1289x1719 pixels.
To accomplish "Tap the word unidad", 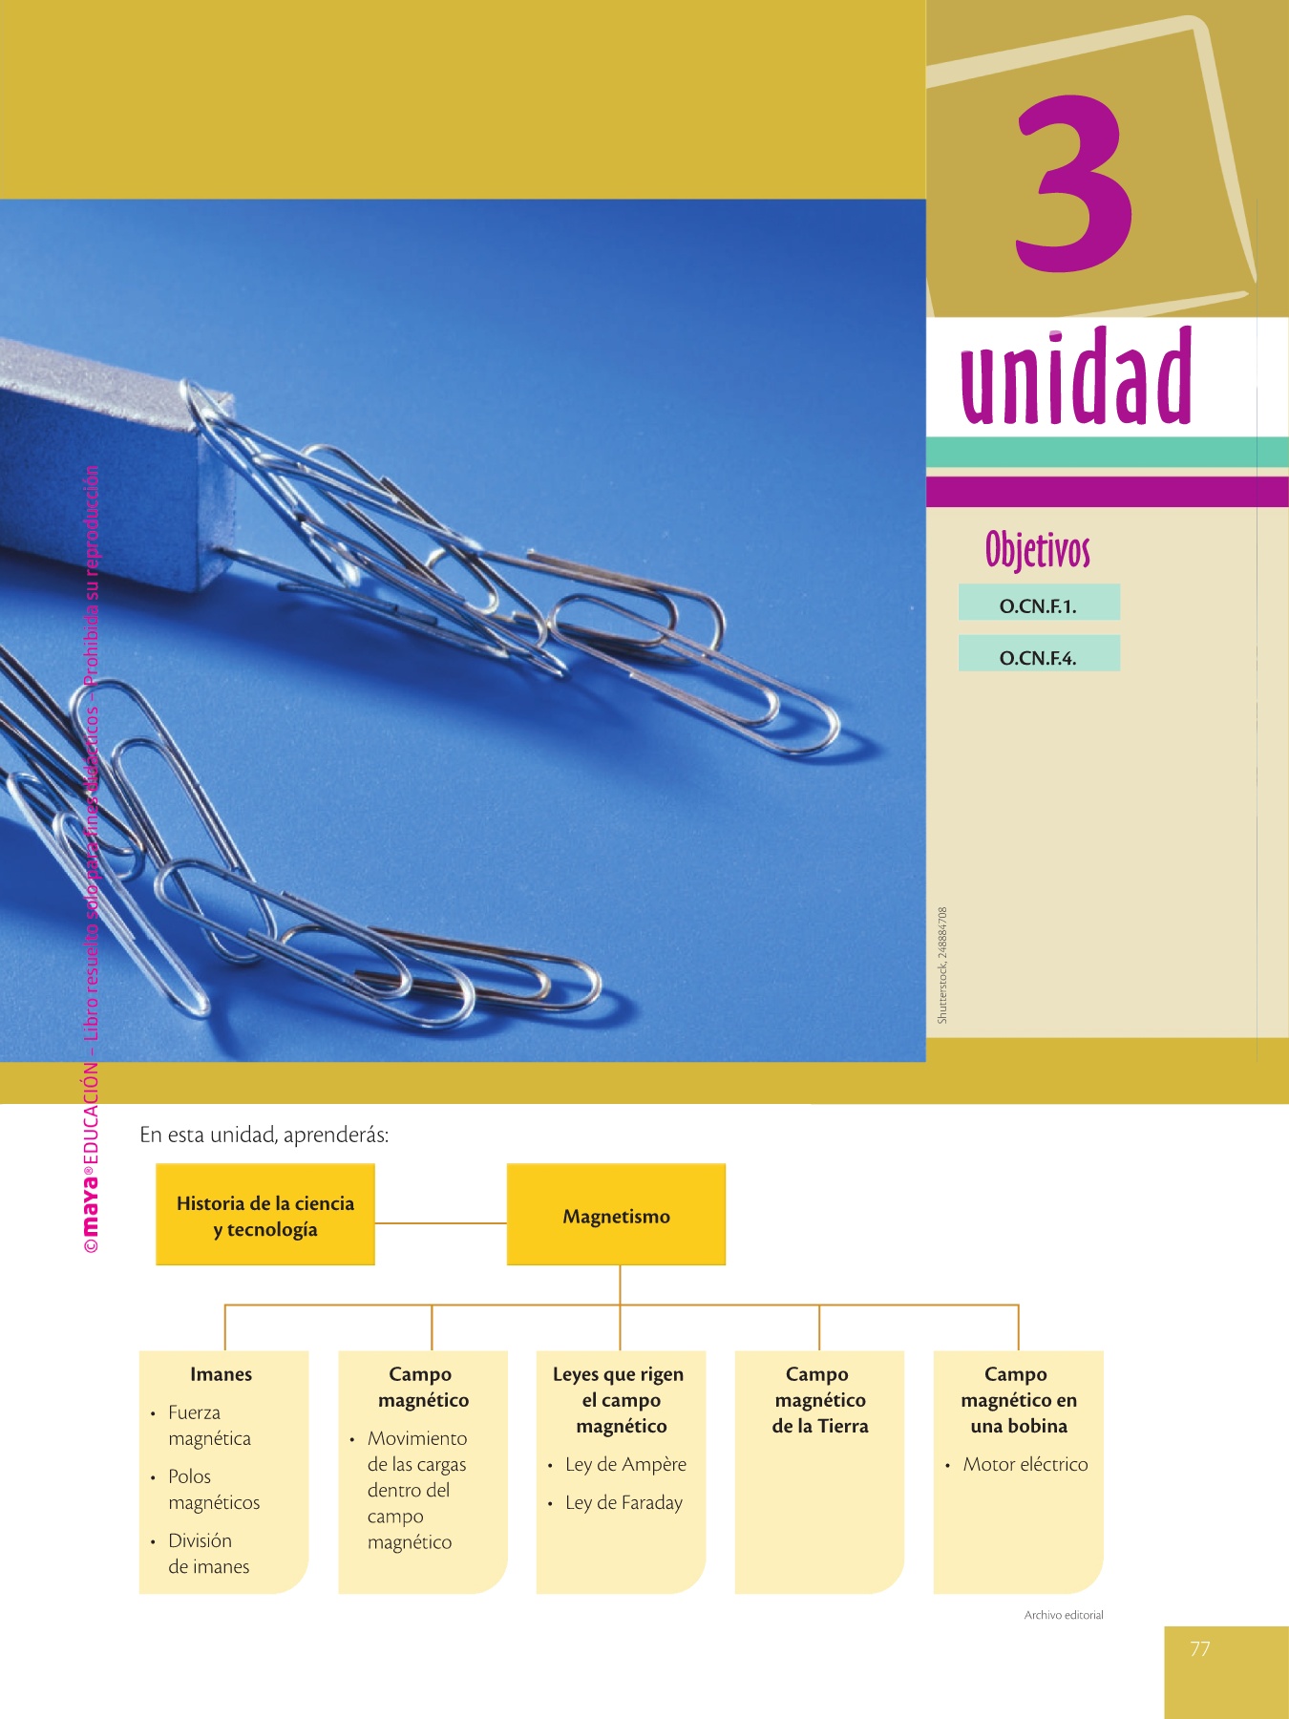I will point(1076,377).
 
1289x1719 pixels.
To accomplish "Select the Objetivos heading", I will point(1037,550).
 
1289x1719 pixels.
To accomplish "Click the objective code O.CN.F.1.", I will point(1038,605).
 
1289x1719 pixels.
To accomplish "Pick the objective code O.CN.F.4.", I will point(1038,657).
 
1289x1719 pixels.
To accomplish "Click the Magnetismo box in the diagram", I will point(616,1216).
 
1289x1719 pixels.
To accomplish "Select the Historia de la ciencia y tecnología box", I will point(265,1216).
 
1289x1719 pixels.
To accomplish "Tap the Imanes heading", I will point(221,1374).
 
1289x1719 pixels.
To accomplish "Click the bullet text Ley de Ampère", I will point(625,1464).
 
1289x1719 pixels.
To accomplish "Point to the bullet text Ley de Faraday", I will point(623,1502).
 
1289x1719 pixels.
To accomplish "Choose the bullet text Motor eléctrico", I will point(1025,1464).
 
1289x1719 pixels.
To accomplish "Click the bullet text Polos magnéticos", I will point(213,1489).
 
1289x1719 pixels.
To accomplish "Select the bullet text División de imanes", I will point(208,1553).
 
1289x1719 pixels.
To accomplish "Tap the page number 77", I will point(1199,1648).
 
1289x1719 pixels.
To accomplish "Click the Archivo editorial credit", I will point(1064,1615).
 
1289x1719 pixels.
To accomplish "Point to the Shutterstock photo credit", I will point(942,965).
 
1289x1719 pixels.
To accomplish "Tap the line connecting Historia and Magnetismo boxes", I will point(440,1222).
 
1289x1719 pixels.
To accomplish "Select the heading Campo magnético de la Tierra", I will point(819,1400).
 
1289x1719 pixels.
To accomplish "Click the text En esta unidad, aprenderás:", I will point(264,1135).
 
